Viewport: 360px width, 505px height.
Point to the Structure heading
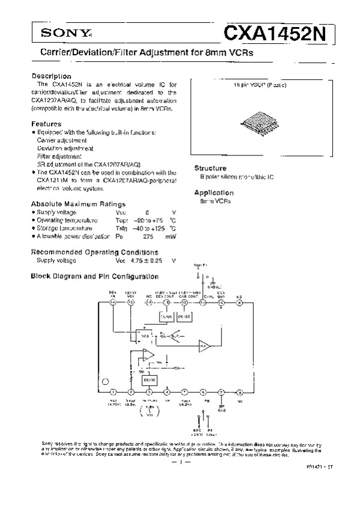(210, 168)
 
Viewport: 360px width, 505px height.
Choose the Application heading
(213, 192)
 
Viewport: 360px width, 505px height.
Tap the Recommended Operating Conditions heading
(94, 252)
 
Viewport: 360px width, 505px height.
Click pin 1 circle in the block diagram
(113, 392)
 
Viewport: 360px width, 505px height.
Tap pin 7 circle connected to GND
(221, 392)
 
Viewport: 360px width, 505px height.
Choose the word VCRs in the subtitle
(241, 53)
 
